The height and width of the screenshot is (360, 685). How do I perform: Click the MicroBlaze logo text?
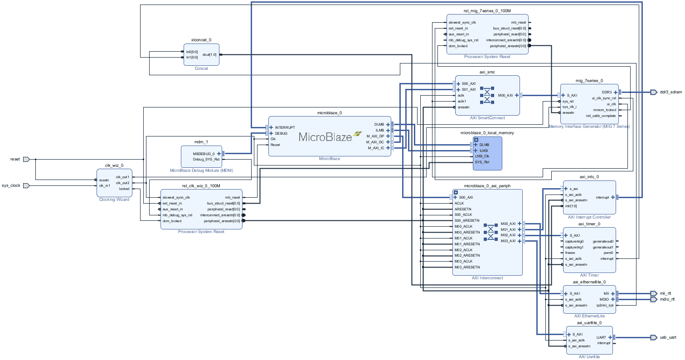(325, 137)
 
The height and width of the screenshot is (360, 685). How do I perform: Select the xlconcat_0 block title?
(201, 40)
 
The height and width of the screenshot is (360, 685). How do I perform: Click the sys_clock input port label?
(11, 185)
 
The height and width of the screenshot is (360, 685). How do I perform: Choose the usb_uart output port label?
(668, 337)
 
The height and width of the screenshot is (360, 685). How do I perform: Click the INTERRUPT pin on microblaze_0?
(285, 127)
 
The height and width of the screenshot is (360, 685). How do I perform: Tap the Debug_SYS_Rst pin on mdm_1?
(207, 159)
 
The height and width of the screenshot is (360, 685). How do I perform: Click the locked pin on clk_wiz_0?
(124, 189)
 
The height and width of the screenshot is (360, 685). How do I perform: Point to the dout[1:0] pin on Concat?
(209, 54)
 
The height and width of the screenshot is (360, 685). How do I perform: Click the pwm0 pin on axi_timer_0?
(608, 253)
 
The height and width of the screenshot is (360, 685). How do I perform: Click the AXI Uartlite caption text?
(589, 357)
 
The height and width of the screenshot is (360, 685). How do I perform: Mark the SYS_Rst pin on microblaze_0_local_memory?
(482, 162)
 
